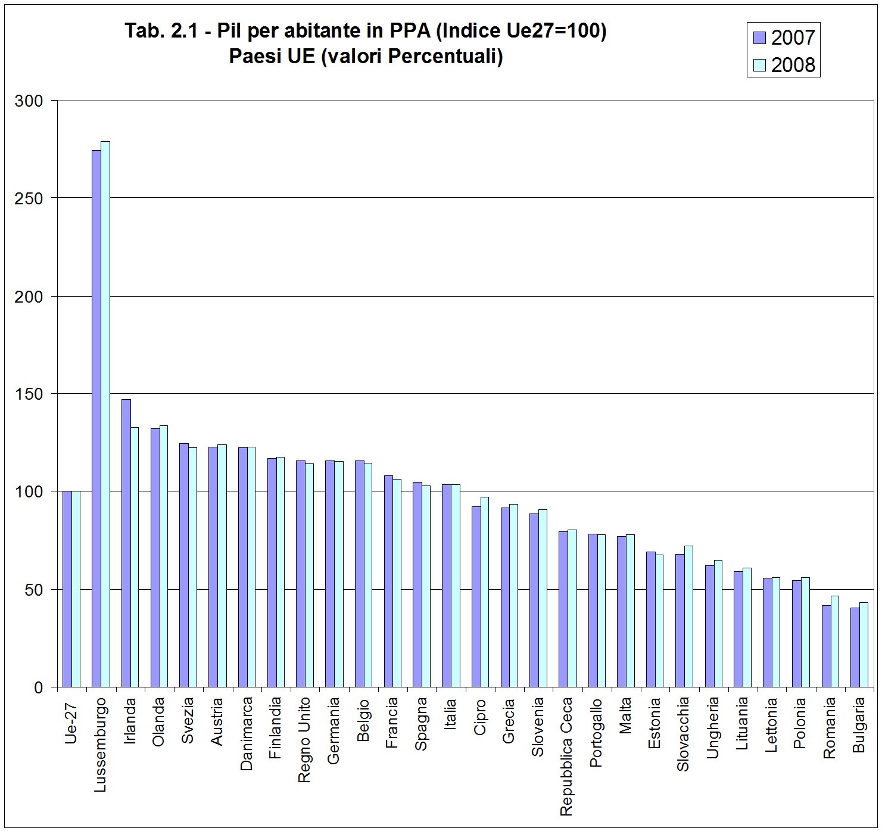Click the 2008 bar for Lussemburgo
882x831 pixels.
pos(105,414)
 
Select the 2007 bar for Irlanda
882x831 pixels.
pos(126,543)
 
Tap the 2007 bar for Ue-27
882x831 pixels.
pos(67,589)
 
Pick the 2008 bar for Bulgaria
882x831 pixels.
pos(864,645)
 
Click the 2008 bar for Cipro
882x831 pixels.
pos(485,592)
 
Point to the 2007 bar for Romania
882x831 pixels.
pos(826,646)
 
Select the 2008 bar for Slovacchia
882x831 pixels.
pos(688,617)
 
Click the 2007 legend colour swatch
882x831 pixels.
pos(760,38)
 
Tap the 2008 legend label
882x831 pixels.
pos(793,65)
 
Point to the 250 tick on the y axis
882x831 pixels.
pos(55,198)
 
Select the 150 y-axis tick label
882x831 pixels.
pos(29,394)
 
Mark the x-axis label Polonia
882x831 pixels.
pos(799,723)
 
